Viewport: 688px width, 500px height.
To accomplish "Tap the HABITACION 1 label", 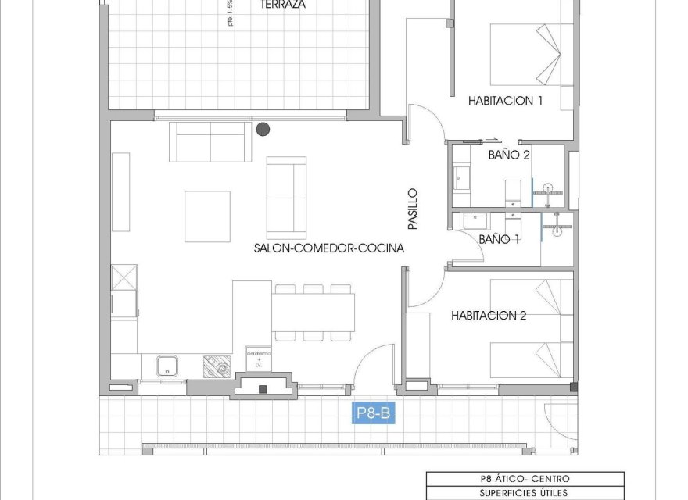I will point(506,101).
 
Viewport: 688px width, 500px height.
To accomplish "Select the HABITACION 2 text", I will point(489,316).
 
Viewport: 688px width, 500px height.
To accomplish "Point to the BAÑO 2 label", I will point(509,155).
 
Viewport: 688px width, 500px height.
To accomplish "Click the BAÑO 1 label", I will point(499,239).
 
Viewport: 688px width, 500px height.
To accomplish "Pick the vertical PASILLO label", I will point(413,209).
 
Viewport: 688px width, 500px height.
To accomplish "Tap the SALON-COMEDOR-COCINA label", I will point(328,249).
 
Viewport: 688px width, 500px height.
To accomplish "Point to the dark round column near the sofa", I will point(263,129).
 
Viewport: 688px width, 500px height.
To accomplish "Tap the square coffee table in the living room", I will point(207,216).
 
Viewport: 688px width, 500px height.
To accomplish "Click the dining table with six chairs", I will point(313,312).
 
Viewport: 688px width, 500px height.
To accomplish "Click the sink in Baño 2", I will point(461,178).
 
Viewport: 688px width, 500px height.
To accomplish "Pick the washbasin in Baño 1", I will point(474,221).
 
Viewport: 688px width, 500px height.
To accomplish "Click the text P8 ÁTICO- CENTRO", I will point(525,479).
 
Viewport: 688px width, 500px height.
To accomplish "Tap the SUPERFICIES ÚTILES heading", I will point(525,493).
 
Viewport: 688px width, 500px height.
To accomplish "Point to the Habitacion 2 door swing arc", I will point(426,289).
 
